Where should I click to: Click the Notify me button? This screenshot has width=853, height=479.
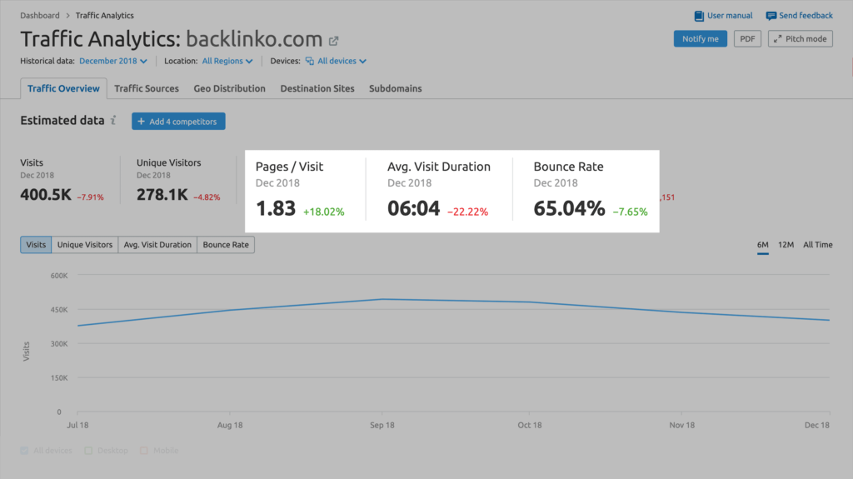coord(700,39)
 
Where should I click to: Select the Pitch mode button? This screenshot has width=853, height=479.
coord(800,39)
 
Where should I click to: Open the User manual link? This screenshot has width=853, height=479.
coord(723,16)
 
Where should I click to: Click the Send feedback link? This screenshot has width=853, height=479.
coord(799,16)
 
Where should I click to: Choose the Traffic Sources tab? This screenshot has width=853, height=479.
coord(147,88)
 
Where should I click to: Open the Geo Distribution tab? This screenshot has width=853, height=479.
coord(229,88)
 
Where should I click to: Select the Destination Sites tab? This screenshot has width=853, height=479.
coord(317,88)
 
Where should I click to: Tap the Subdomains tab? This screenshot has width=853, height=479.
coord(395,88)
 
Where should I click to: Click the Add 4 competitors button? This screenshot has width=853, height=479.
coord(178,122)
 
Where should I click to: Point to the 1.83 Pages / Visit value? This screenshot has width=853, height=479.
coord(276,208)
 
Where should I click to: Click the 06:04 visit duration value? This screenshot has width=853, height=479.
coord(413,208)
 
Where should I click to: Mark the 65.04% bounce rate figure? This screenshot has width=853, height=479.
coord(569,208)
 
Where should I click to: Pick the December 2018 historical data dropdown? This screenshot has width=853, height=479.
coord(113,61)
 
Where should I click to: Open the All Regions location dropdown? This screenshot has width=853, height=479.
coord(227,61)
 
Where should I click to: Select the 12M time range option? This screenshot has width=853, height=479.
coord(785,245)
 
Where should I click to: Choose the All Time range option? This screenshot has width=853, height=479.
coord(817,245)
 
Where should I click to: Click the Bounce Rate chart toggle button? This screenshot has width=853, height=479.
coord(226,245)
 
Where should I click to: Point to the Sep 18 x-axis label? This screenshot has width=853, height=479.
coord(382,426)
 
